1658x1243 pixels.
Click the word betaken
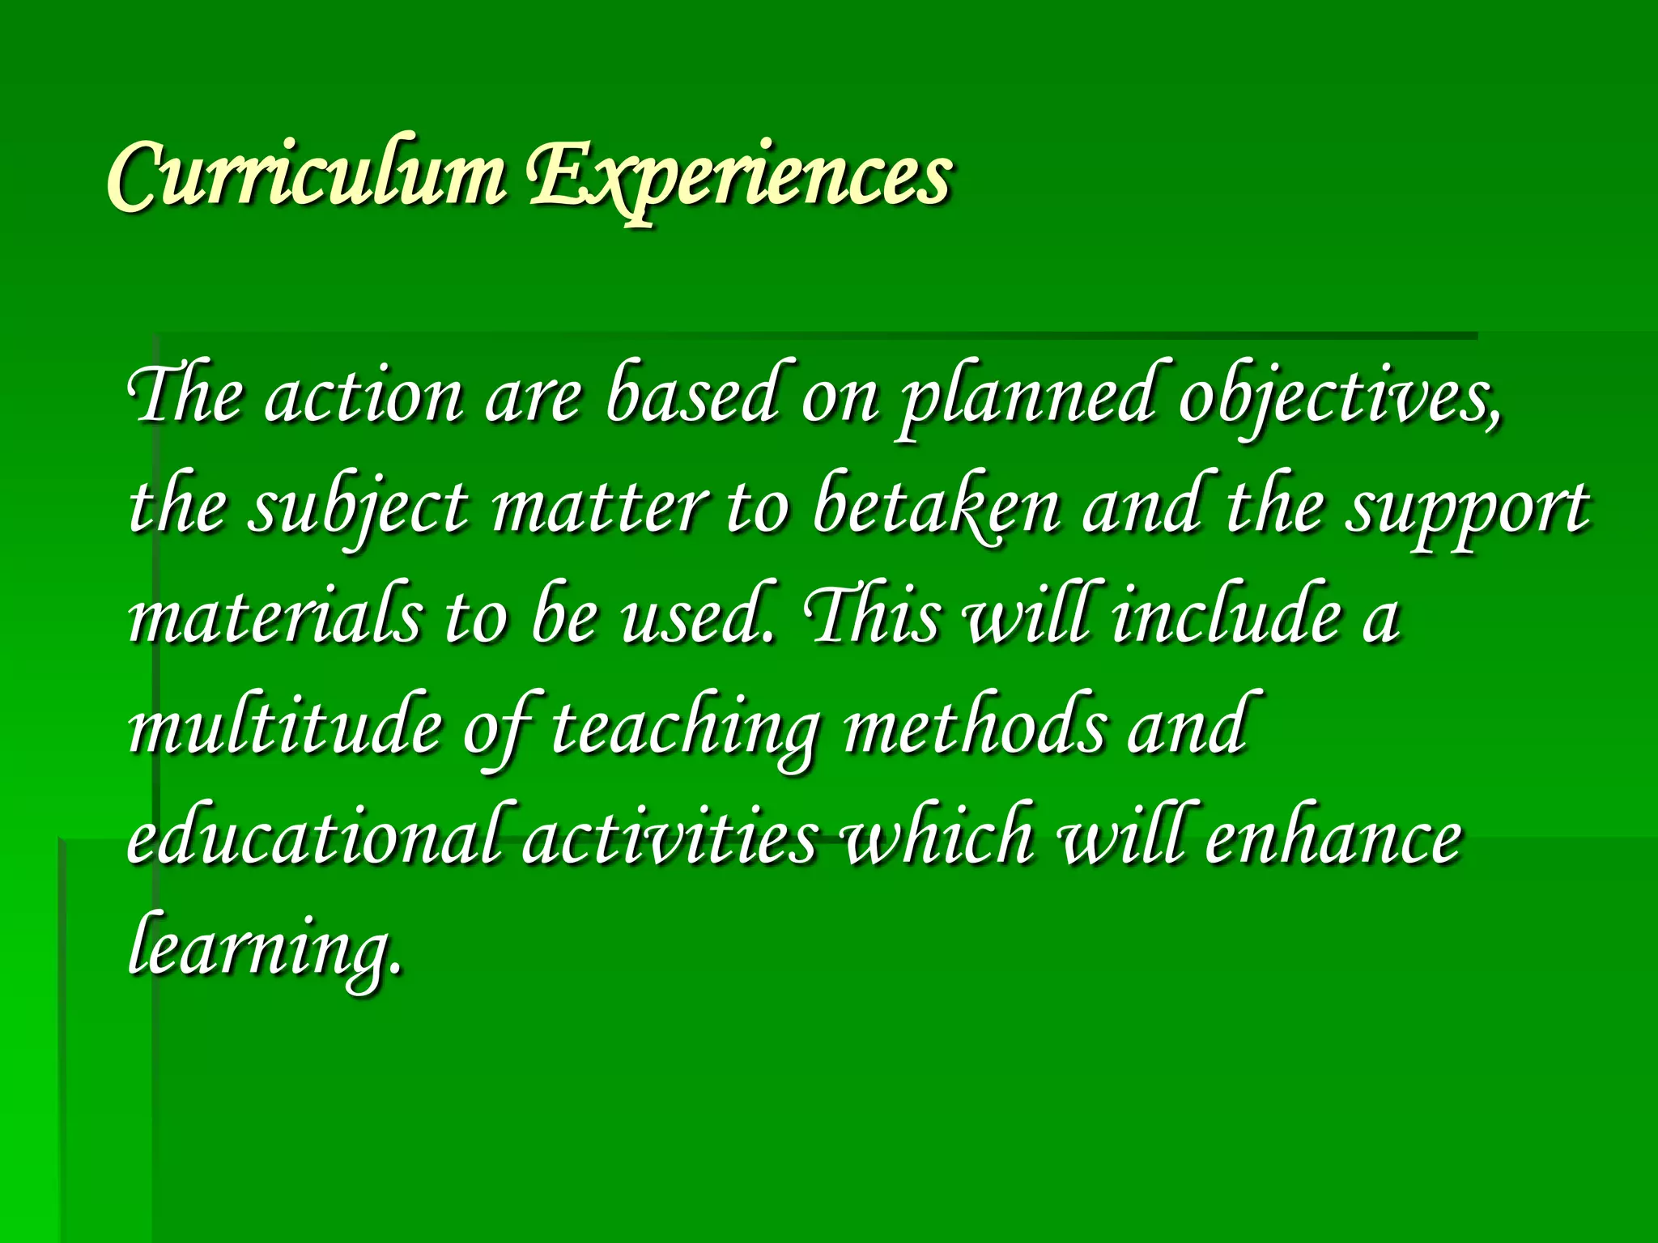point(936,508)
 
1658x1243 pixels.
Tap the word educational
point(321,837)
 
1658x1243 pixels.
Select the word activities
point(669,837)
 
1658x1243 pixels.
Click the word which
point(939,837)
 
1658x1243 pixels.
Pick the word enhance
point(1333,837)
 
